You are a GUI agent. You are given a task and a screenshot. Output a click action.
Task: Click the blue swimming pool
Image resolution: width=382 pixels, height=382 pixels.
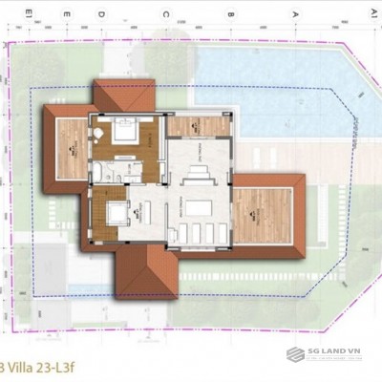coord(277,81)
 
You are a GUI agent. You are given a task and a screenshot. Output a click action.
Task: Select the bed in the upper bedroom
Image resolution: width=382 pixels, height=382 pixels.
coord(124,133)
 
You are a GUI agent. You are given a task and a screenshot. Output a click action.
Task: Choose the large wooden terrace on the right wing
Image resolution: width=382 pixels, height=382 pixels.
coord(262,216)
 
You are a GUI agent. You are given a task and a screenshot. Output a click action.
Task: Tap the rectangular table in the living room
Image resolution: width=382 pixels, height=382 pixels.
coord(200,207)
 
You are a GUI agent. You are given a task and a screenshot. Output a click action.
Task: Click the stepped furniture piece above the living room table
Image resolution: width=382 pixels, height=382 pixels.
coord(200,175)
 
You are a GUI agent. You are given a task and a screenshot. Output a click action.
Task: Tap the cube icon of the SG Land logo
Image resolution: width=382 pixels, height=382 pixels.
coord(297,354)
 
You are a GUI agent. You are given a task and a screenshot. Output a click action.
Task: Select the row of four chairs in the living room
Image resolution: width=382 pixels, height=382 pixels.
coord(198,233)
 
